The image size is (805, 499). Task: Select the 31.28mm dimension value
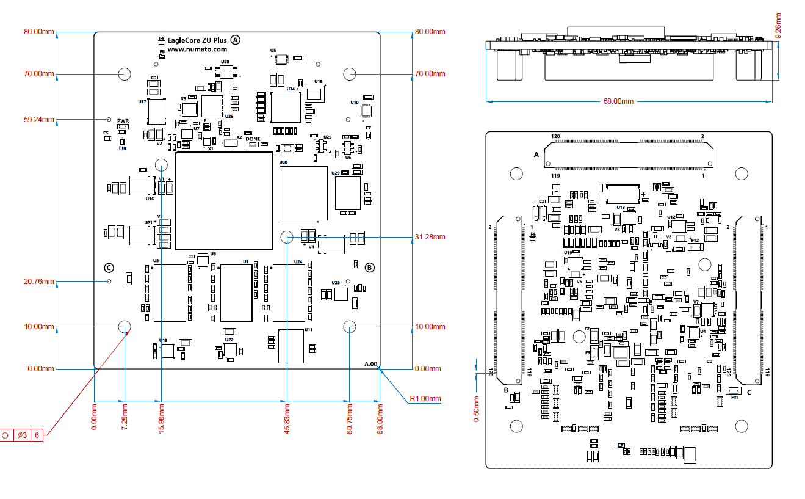(430, 237)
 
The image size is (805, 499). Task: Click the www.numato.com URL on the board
(197, 49)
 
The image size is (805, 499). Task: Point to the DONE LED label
(253, 139)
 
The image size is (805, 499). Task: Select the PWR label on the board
(123, 121)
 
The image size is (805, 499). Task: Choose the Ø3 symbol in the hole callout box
(21, 435)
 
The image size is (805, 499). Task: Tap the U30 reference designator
(283, 163)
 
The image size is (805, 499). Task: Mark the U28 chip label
(225, 62)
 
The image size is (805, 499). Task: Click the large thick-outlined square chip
(223, 201)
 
